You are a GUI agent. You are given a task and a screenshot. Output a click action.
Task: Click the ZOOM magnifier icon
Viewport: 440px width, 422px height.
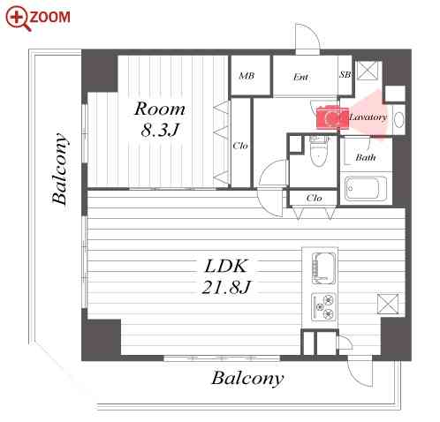pyautogui.click(x=18, y=19)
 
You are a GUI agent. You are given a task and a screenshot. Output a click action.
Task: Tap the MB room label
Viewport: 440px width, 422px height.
pyautogui.click(x=247, y=76)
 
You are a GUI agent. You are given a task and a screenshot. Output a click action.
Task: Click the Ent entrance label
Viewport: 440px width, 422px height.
pyautogui.click(x=300, y=77)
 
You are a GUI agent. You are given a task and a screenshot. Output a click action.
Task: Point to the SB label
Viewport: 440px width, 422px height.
pyautogui.click(x=345, y=74)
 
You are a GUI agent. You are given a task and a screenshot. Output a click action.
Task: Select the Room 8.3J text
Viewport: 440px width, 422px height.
pyautogui.click(x=160, y=119)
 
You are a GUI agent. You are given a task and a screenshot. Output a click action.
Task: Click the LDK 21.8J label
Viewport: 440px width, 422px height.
pyautogui.click(x=226, y=276)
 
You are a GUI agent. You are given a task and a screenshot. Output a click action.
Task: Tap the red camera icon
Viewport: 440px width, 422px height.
pyautogui.click(x=332, y=117)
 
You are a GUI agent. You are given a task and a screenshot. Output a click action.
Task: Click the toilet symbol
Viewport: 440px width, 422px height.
pyautogui.click(x=318, y=151)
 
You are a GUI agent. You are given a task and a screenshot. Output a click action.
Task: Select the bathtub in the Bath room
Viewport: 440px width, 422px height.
pyautogui.click(x=366, y=188)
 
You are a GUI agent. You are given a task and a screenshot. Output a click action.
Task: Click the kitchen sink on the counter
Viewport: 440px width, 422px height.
pyautogui.click(x=323, y=268)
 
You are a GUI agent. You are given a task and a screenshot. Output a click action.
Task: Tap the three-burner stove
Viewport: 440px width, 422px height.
pyautogui.click(x=323, y=307)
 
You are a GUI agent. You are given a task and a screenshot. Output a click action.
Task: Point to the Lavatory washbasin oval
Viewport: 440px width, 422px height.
pyautogui.click(x=398, y=120)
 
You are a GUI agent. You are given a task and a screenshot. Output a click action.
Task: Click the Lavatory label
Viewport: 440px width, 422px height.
pyautogui.click(x=368, y=117)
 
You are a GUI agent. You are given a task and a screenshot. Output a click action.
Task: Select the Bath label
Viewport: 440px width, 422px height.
pyautogui.click(x=366, y=157)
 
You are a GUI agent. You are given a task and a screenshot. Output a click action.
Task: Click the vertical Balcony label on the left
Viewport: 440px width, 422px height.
pyautogui.click(x=60, y=169)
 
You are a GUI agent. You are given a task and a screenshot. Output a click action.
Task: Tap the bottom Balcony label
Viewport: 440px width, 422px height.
pyautogui.click(x=247, y=379)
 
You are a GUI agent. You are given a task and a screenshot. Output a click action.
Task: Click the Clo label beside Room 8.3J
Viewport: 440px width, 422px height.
pyautogui.click(x=240, y=146)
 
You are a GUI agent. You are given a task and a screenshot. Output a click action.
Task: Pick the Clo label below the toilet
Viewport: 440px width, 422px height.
pyautogui.click(x=314, y=198)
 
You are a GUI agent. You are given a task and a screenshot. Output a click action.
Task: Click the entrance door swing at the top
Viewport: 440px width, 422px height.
pyautogui.click(x=307, y=37)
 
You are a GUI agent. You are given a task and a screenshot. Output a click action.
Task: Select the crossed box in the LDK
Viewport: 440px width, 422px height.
pyautogui.click(x=388, y=304)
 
